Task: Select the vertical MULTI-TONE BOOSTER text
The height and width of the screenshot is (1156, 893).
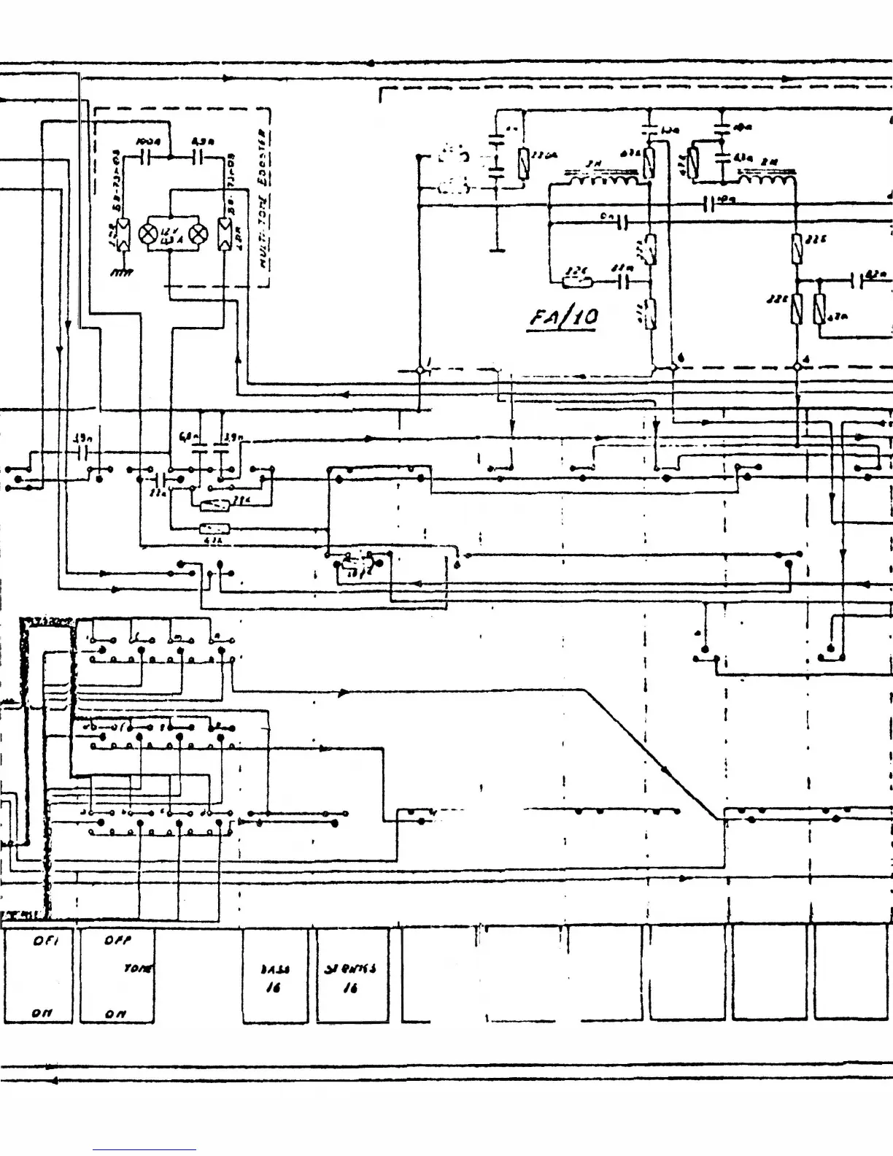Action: (x=264, y=201)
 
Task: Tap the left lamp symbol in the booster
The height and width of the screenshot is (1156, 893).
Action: (x=149, y=234)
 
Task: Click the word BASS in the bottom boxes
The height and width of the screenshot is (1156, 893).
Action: (x=275, y=969)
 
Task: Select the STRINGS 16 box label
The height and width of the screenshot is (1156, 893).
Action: (x=351, y=977)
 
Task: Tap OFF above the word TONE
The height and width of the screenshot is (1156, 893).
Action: (x=117, y=941)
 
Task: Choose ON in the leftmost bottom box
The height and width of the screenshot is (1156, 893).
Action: (x=40, y=1014)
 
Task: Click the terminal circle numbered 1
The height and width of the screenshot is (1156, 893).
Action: (x=421, y=370)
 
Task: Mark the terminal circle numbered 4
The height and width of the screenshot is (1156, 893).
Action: (x=797, y=368)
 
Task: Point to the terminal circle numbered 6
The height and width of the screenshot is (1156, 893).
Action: (x=673, y=368)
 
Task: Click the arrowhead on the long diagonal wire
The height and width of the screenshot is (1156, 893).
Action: (x=665, y=768)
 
